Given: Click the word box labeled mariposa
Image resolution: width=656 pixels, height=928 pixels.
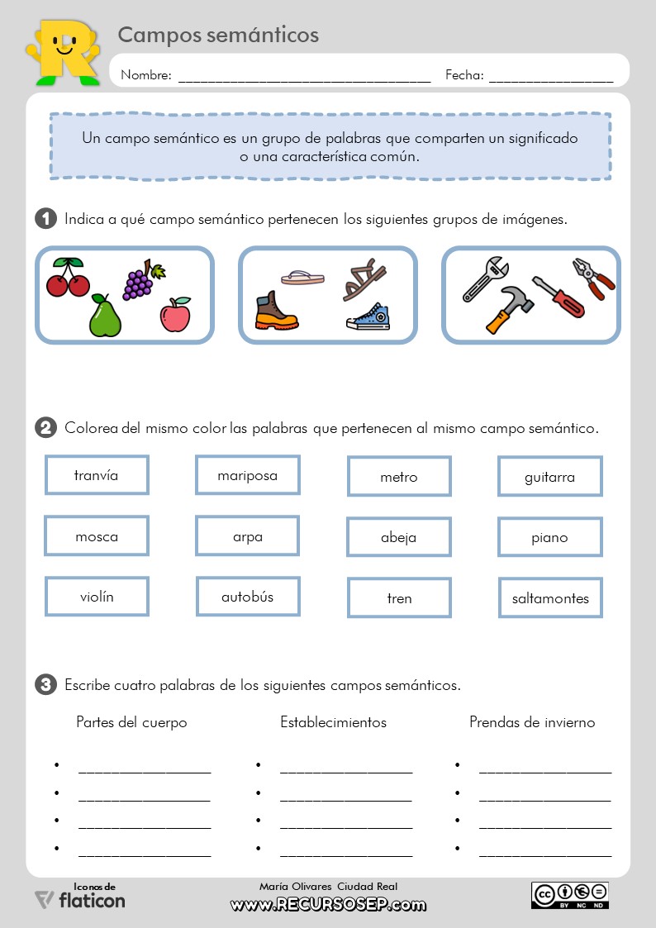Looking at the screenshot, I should point(247,475).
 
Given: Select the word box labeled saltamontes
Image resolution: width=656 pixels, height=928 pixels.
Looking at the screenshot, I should point(550,597).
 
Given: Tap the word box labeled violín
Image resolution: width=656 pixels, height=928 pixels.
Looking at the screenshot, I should point(97,597).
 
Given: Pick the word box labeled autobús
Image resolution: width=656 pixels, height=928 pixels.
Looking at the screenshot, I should point(247,597).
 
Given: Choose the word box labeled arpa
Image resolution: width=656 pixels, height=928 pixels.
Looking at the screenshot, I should point(247,537).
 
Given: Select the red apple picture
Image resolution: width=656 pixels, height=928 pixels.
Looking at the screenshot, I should point(175,314).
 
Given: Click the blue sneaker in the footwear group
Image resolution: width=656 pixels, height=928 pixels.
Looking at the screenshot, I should point(368,317).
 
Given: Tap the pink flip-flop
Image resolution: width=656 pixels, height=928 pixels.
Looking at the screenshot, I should point(302,277).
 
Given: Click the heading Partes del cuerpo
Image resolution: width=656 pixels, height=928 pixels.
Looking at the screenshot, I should point(131,722).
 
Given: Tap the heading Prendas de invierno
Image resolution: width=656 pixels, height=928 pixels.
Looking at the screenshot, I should point(532,722).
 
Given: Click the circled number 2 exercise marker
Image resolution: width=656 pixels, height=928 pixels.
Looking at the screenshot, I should point(45,428).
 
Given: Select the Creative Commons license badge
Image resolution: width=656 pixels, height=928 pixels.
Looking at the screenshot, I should point(569,894).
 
